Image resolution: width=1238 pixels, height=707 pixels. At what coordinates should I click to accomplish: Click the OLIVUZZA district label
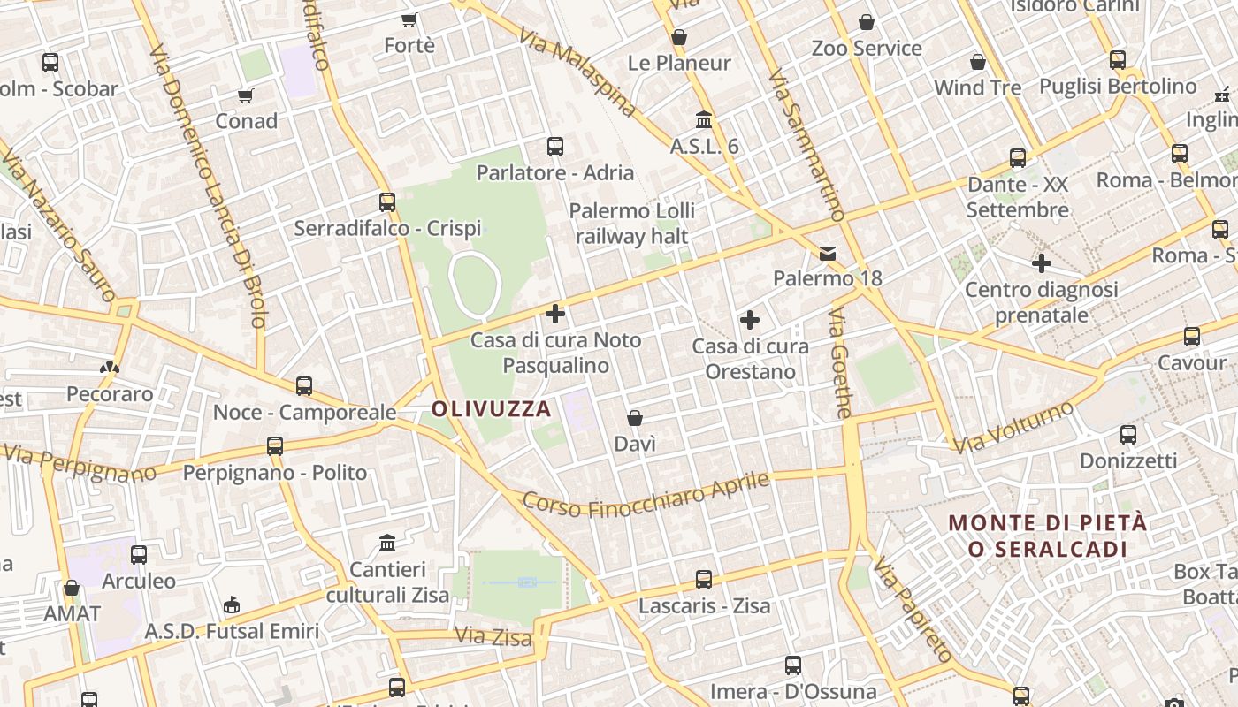[492, 409]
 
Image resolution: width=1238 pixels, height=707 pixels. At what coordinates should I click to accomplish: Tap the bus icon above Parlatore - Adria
[555, 147]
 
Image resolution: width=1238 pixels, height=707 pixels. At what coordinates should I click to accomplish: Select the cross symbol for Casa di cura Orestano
[750, 320]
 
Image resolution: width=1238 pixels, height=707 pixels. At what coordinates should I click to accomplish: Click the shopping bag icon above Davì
[634, 417]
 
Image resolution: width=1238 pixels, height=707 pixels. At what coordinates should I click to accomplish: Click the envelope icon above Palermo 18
[828, 254]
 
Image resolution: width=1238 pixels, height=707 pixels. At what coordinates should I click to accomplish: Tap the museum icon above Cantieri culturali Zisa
[387, 543]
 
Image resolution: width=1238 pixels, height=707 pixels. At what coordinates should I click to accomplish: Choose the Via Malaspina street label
[577, 72]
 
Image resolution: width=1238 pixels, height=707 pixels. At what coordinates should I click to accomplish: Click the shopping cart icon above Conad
[246, 95]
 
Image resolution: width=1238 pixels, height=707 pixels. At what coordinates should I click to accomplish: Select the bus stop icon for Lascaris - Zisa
[704, 580]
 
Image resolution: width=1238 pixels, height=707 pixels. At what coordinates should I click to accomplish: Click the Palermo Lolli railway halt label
[631, 224]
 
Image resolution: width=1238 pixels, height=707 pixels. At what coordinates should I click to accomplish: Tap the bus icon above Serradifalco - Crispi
[387, 202]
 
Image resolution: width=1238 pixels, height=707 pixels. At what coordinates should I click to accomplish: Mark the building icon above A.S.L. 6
[704, 119]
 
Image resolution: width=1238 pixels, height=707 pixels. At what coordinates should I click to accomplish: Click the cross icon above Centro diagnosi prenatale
[1042, 263]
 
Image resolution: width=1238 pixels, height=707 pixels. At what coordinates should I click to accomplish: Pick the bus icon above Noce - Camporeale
[304, 386]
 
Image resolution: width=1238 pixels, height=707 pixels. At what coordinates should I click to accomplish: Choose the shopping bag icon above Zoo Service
[867, 22]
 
